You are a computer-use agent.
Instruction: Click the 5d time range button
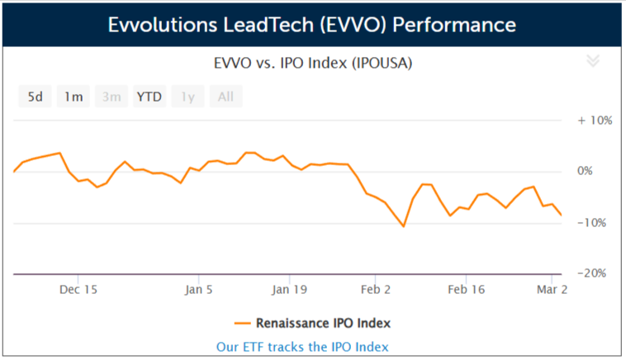[36, 97]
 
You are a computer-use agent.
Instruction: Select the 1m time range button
[74, 97]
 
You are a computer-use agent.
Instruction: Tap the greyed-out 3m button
[111, 97]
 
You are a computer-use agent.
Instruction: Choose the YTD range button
[149, 97]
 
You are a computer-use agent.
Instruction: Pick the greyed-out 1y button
[187, 97]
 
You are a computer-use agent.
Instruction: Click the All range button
[225, 97]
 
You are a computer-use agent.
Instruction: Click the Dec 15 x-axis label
[79, 290]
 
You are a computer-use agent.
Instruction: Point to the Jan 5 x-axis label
[199, 290]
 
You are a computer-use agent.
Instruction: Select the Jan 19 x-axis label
[289, 290]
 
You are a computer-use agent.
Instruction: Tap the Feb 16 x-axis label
[466, 290]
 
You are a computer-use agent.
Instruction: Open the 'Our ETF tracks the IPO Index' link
[302, 347]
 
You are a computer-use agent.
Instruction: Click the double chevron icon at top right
[592, 60]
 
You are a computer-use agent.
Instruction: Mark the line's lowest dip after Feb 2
[404, 226]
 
